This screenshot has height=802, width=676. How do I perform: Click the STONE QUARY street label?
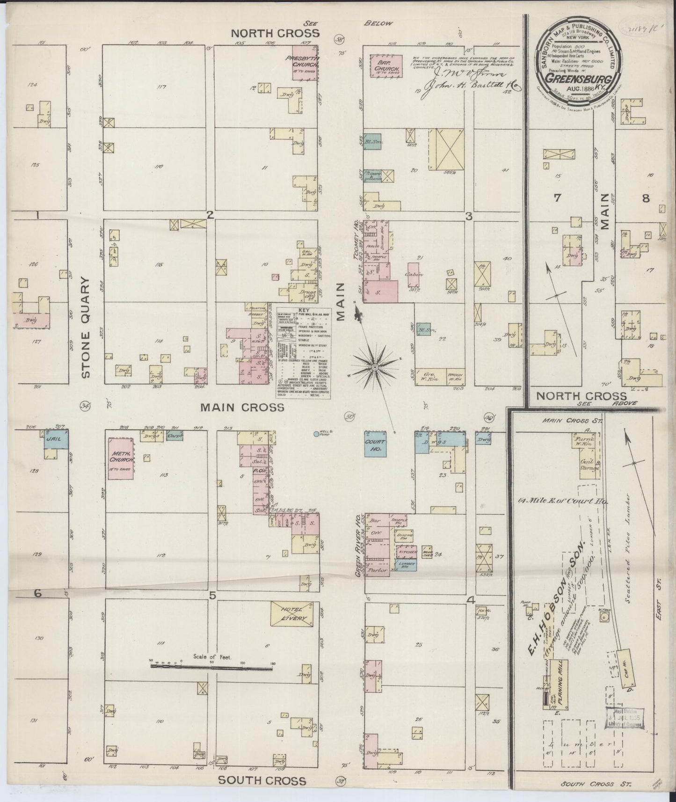point(86,328)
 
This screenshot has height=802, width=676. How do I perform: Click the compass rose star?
point(374,368)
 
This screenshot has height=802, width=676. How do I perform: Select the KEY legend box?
point(304,353)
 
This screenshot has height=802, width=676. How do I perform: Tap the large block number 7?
point(557,198)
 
